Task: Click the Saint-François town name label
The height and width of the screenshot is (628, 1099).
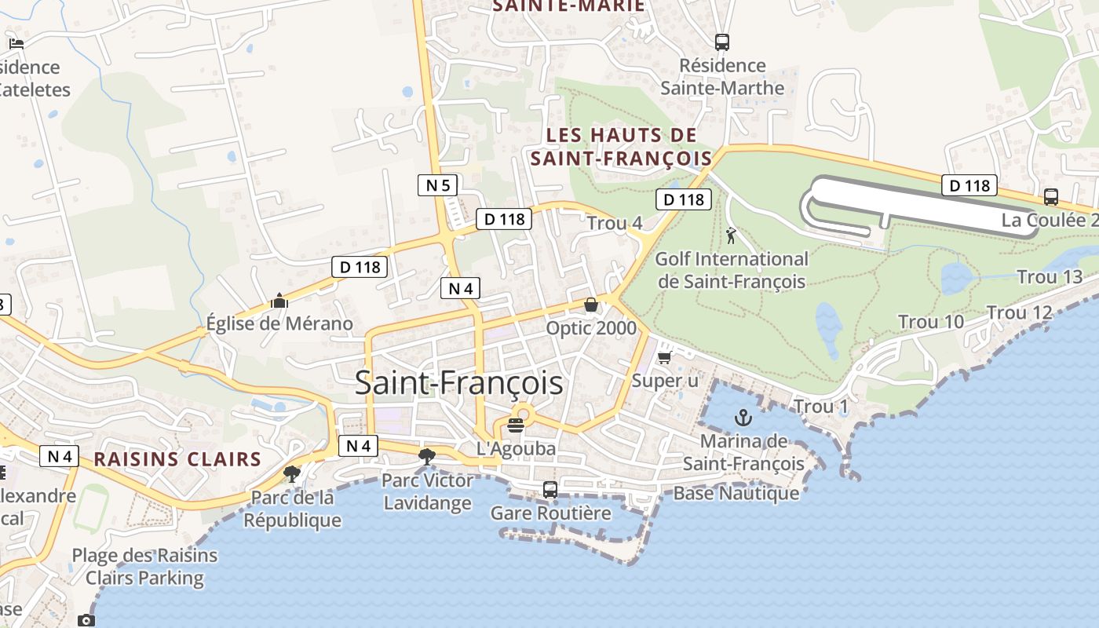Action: point(458,383)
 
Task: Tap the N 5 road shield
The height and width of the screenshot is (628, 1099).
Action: point(437,185)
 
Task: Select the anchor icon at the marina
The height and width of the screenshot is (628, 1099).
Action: point(743,418)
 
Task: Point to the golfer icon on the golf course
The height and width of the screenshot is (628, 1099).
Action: point(732,235)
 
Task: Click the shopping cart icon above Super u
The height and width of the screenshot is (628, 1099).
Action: point(664,358)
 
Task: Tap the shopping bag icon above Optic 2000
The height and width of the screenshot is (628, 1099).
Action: point(591,305)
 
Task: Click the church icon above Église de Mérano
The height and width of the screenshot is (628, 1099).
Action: point(279,301)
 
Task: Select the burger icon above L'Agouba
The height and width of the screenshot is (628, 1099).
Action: point(516,425)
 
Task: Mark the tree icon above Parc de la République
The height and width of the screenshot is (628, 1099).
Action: point(292,473)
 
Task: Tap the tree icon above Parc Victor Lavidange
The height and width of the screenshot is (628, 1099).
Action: point(427,456)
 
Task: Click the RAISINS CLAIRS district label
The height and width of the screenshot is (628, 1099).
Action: point(177,459)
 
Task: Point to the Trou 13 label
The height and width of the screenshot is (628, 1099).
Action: point(1050,277)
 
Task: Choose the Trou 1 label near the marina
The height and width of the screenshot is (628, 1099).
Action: point(821,407)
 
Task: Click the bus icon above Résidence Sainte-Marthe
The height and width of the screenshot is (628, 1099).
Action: point(722,42)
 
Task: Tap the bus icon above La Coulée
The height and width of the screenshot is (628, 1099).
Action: point(1051,197)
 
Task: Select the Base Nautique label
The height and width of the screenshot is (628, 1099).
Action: point(736,493)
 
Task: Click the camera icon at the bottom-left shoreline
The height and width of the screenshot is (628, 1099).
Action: point(86,621)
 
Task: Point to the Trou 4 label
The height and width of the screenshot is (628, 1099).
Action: point(615,223)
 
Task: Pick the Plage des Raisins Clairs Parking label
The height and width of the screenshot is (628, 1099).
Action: point(144,567)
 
